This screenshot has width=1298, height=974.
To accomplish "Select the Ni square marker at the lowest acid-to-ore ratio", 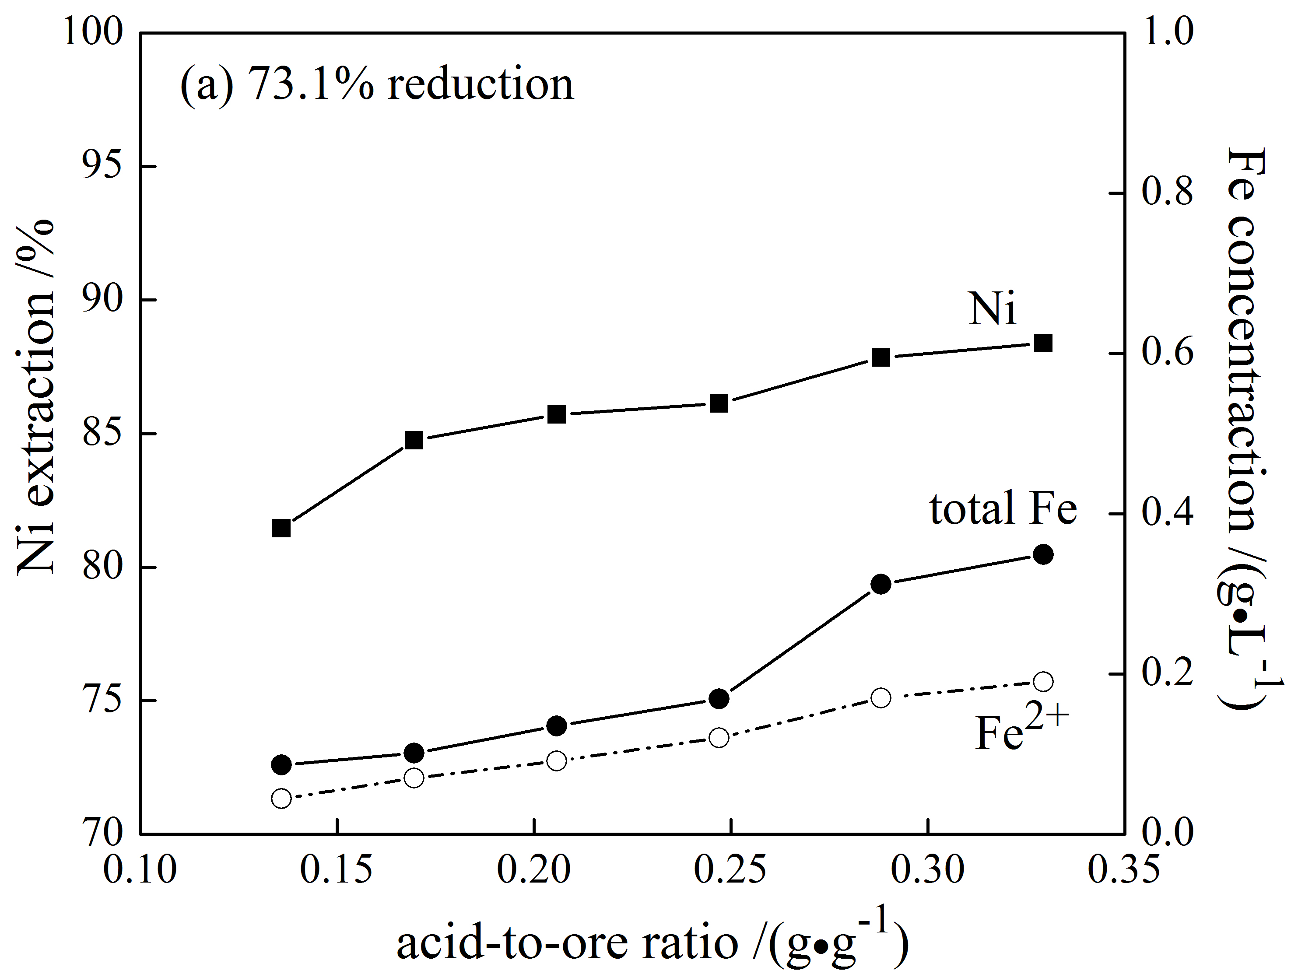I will point(282,528).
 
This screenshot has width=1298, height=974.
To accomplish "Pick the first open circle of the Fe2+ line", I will point(282,799).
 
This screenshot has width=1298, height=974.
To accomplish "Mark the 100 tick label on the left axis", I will point(94,32).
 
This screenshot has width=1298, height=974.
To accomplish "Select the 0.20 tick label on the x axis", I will point(533,869).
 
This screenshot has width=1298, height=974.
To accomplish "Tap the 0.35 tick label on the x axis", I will point(1124,869).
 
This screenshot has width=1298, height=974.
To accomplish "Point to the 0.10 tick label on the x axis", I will point(140,869).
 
